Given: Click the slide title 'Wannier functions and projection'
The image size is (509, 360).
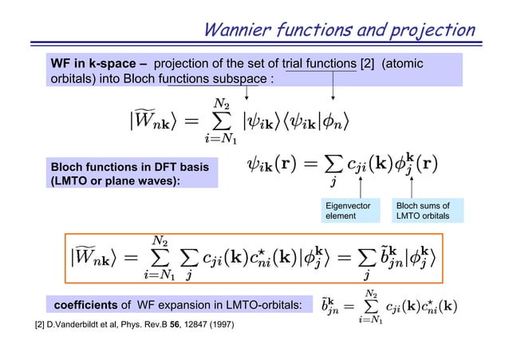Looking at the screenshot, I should [x=339, y=30].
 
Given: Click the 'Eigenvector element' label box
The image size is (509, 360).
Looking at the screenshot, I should [x=345, y=211].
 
